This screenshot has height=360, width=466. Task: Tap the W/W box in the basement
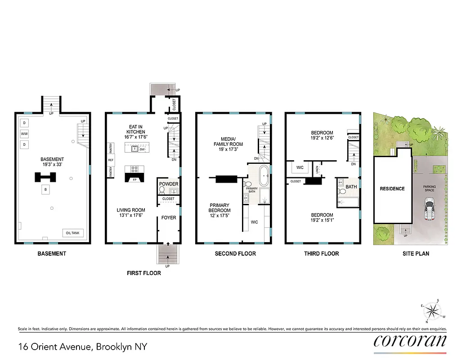(x=24, y=134)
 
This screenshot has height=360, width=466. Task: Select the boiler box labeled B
(x=45, y=189)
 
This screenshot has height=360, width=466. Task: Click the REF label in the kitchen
(x=110, y=160)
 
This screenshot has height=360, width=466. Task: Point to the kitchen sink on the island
(x=134, y=149)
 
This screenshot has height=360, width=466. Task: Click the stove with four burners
(x=134, y=169)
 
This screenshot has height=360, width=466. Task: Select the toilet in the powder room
(x=162, y=190)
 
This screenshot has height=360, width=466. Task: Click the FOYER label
(x=169, y=218)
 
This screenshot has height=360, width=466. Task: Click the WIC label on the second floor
(x=254, y=222)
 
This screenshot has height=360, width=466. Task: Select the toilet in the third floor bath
(x=342, y=191)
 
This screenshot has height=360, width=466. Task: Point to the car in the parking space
(x=430, y=211)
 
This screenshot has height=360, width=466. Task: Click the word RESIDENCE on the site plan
(x=392, y=189)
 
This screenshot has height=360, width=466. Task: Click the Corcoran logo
(x=410, y=341)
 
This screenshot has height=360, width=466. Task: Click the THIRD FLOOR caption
(x=321, y=253)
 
